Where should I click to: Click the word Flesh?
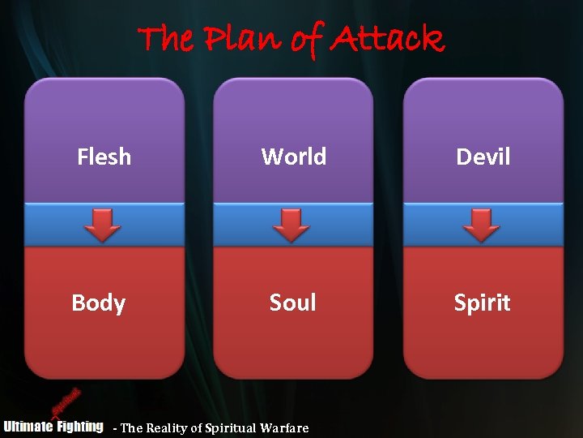click(104, 157)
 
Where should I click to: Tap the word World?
click(293, 157)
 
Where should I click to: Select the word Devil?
click(483, 157)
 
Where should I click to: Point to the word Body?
click(98, 303)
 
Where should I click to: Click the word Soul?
click(292, 303)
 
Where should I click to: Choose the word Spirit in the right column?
click(482, 303)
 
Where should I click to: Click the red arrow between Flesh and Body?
click(103, 225)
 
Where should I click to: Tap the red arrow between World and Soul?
click(291, 225)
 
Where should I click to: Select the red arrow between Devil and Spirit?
click(481, 225)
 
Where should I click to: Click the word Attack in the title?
click(387, 38)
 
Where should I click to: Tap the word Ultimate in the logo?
click(28, 426)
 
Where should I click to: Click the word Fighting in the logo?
click(79, 426)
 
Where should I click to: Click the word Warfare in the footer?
click(284, 428)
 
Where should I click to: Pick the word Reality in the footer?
click(172, 428)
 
